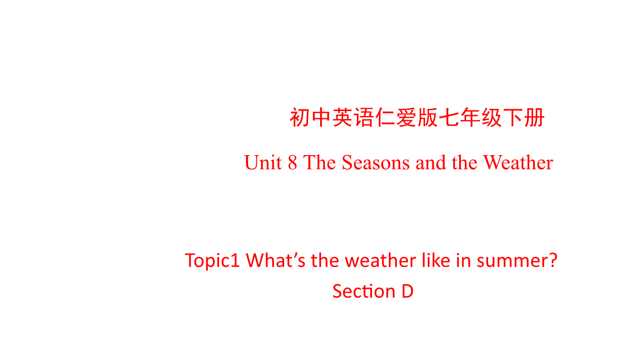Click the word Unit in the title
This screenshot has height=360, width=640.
click(263, 163)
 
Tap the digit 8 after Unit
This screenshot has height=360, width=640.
click(292, 163)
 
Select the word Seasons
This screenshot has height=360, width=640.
click(376, 163)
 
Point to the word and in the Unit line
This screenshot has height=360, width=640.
click(431, 163)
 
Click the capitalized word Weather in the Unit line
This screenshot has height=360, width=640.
click(518, 163)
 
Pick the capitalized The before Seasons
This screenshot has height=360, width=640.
click(320, 163)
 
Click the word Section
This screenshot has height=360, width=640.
click(364, 291)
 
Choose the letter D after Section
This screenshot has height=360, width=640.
click(408, 291)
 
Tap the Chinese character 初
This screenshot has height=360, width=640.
click(300, 117)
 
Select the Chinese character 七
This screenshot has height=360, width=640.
click(449, 117)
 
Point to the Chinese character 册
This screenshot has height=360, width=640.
click(534, 117)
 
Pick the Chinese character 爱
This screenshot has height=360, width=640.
click(406, 117)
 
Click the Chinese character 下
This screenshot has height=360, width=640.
click(512, 117)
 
